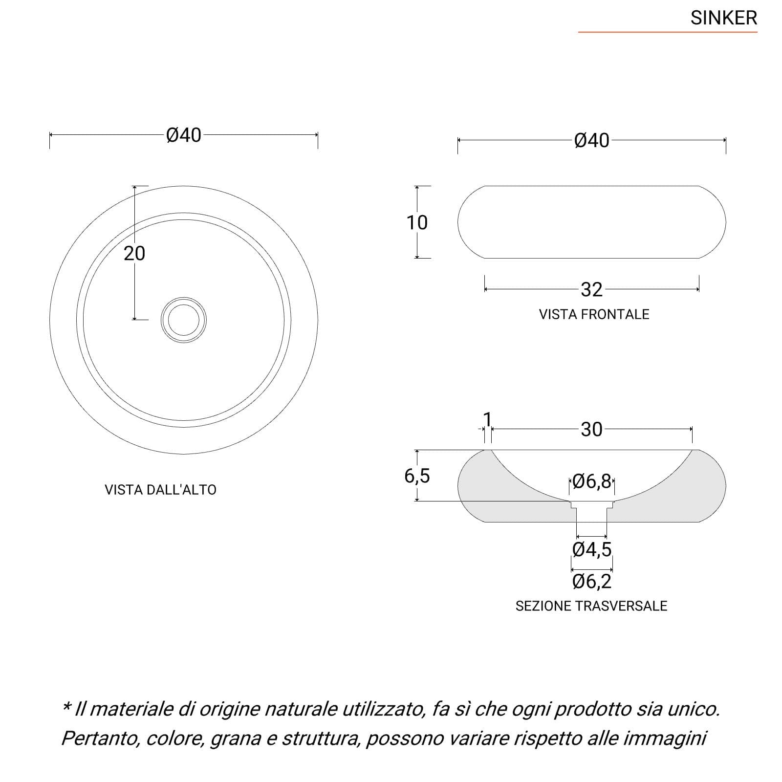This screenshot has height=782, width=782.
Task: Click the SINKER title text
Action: (723, 18)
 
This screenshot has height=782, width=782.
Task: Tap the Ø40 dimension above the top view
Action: (184, 135)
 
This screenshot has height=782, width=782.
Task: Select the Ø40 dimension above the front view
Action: (592, 140)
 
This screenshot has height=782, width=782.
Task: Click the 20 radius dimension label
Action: (134, 253)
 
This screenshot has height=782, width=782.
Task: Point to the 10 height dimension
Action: (417, 222)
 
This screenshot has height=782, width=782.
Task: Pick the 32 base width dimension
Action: (591, 290)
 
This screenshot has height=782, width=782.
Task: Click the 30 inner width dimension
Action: (591, 430)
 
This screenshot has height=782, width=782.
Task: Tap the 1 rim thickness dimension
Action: (487, 419)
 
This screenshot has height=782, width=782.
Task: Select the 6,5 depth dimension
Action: (417, 476)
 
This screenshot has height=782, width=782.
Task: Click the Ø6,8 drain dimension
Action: (592, 481)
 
